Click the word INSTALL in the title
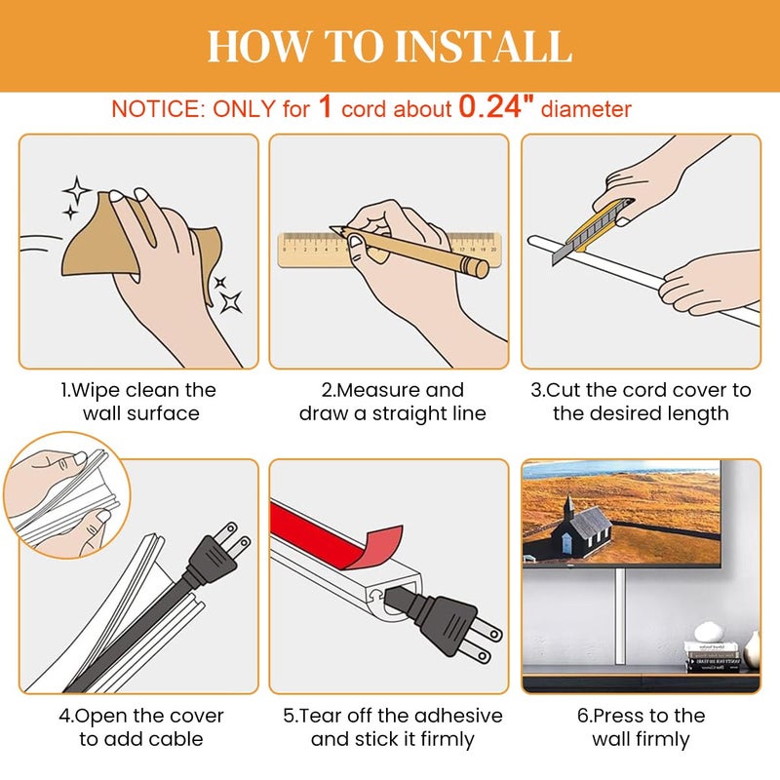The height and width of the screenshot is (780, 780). (483, 46)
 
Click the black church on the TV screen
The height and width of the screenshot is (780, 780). (582, 529)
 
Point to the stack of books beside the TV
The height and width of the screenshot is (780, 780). (713, 656)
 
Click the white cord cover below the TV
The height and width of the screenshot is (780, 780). (620, 617)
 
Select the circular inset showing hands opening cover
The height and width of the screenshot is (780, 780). (66, 495)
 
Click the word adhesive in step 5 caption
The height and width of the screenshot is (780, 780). (458, 716)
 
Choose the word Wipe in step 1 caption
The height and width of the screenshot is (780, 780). (96, 391)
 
